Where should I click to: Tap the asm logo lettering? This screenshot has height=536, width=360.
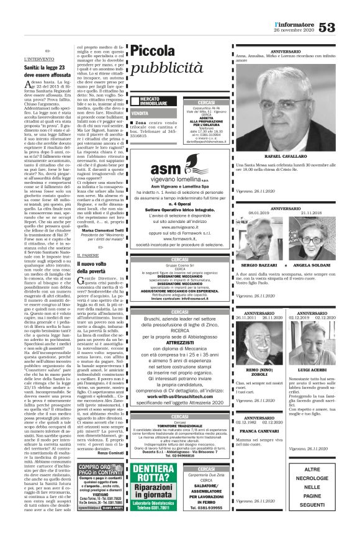pyautogui.click(x=166, y=169)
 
